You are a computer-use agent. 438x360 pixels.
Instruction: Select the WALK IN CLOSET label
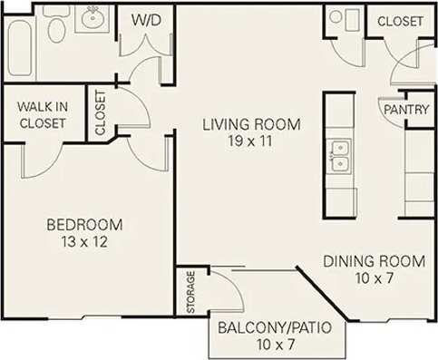click(42, 115)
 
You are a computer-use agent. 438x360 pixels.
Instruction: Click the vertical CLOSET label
click(100, 113)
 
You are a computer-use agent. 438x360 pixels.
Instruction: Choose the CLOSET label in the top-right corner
click(400, 21)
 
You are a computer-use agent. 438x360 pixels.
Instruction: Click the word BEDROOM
click(84, 224)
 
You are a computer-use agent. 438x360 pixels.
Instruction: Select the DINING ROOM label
click(374, 261)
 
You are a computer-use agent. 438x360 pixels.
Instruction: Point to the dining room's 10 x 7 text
click(374, 278)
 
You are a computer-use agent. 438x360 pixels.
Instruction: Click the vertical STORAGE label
click(190, 292)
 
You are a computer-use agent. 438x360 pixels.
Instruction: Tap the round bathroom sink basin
click(92, 16)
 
